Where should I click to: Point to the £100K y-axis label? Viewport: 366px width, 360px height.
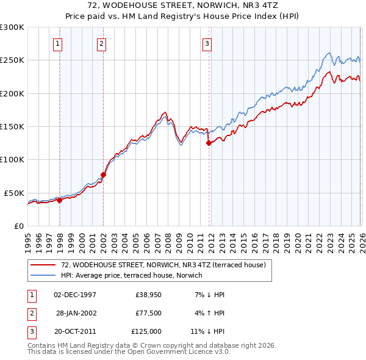[x=12, y=159]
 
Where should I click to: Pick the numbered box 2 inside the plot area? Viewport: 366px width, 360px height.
[x=101, y=43]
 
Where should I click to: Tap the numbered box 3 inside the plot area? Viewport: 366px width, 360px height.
[x=207, y=43]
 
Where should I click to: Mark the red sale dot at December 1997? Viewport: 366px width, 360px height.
[x=60, y=200]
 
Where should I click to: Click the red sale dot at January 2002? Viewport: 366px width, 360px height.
[x=104, y=175]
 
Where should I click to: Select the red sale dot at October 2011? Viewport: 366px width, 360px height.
[x=209, y=143]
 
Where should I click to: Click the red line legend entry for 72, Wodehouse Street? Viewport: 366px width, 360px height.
[x=163, y=265]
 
